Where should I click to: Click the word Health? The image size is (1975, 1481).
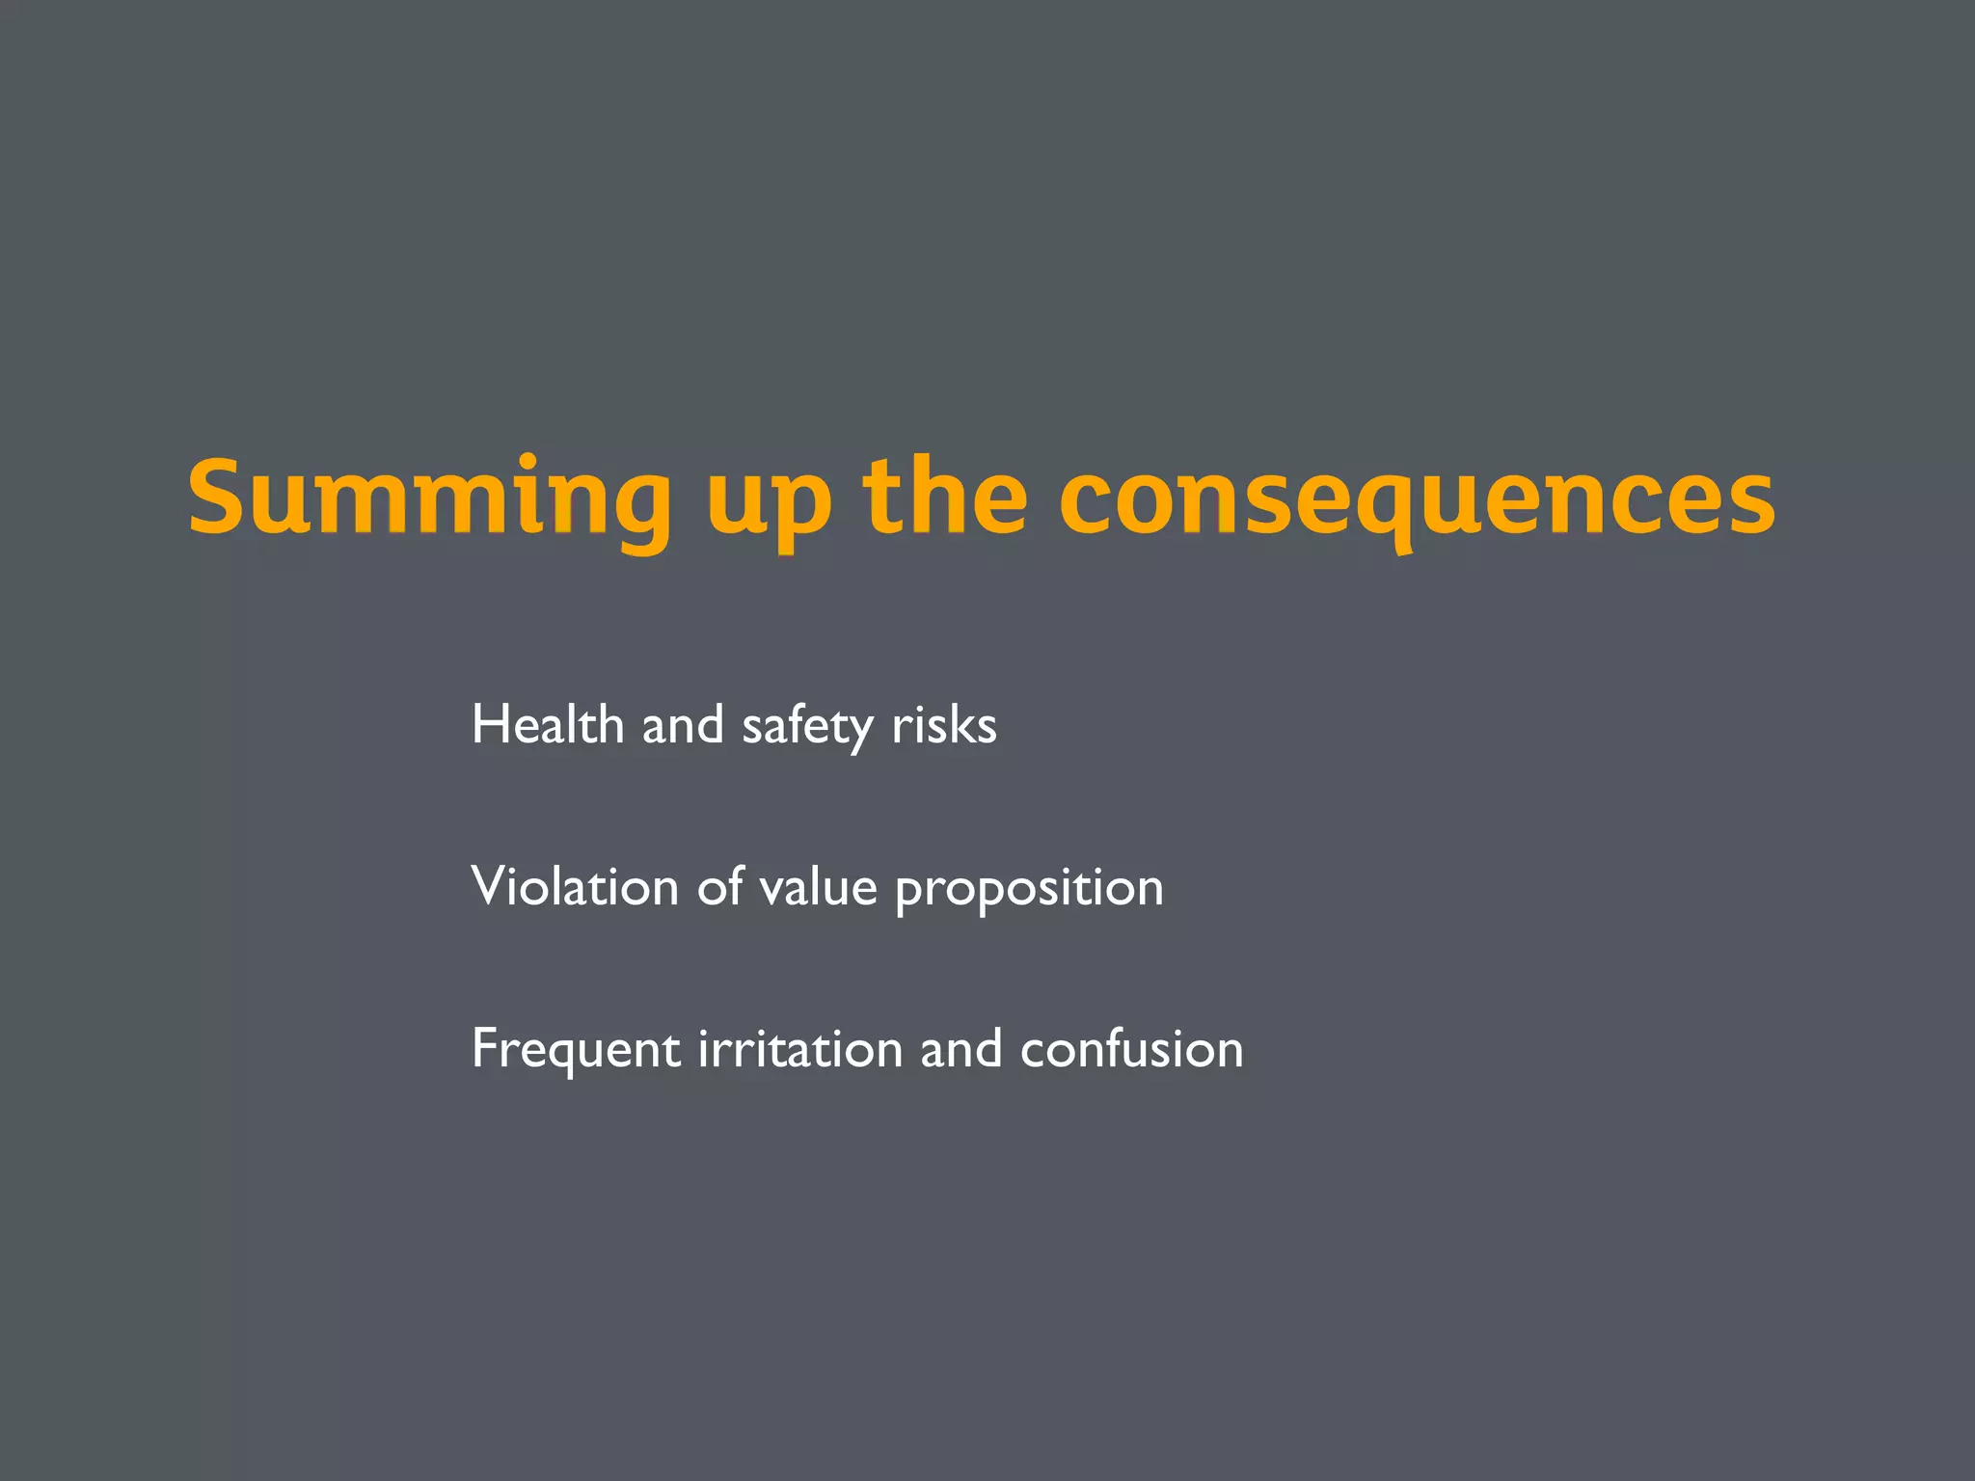coord(548,725)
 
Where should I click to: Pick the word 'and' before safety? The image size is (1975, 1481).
coord(683,725)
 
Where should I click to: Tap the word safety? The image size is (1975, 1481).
coord(807,728)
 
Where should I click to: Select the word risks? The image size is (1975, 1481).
coord(944,725)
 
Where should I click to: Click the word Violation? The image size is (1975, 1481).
coord(575,887)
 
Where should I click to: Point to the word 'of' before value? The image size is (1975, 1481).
coord(719,887)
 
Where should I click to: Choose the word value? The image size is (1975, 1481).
coord(819,887)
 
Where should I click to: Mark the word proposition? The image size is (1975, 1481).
coord(1029,890)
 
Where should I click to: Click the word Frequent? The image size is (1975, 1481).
coord(577,1050)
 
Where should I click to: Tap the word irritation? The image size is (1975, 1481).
coord(799,1049)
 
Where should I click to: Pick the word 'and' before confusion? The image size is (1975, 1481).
coord(960,1049)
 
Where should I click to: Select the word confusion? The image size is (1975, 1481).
coord(1132,1049)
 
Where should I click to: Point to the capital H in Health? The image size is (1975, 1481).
coord(489,725)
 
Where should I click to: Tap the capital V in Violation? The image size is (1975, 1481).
coord(490,887)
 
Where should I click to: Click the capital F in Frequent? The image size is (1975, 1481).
coord(487,1048)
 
